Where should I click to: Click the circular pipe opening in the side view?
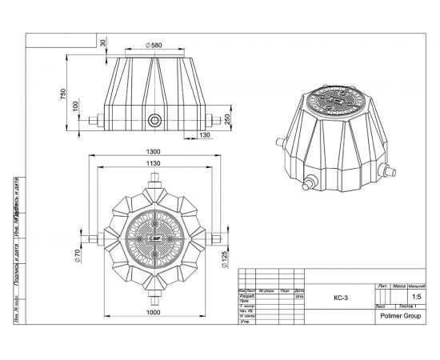(153, 121)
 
